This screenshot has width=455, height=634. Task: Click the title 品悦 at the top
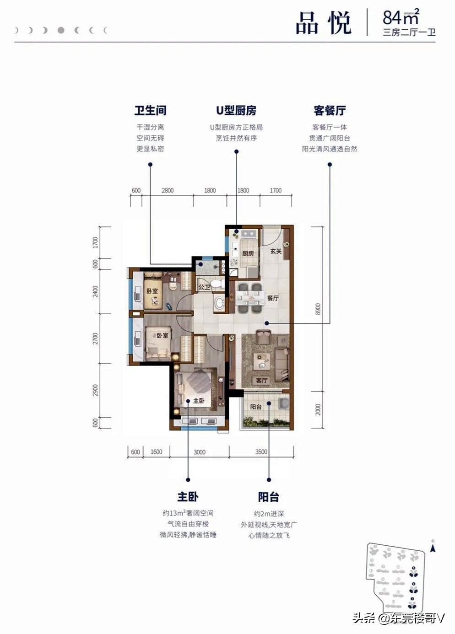323,23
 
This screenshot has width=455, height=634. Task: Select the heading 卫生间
150,111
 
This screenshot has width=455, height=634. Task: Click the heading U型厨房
236,111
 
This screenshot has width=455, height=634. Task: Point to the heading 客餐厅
330,111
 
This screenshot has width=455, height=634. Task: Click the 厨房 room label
248,253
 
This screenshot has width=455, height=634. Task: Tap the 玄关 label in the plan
276,251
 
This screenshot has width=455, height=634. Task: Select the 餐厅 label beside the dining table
273,298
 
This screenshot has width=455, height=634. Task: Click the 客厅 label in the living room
262,380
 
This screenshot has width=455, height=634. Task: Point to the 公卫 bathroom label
204,287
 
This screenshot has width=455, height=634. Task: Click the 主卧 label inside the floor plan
199,401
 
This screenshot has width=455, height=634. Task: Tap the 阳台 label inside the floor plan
256,407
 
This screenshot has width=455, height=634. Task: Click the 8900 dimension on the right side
318,309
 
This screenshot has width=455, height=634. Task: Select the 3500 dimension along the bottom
261,451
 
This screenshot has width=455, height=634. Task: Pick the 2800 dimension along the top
168,190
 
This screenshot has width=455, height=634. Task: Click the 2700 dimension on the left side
96,338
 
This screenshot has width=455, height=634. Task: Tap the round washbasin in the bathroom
220,303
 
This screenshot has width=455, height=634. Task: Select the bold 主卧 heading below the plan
188,497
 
